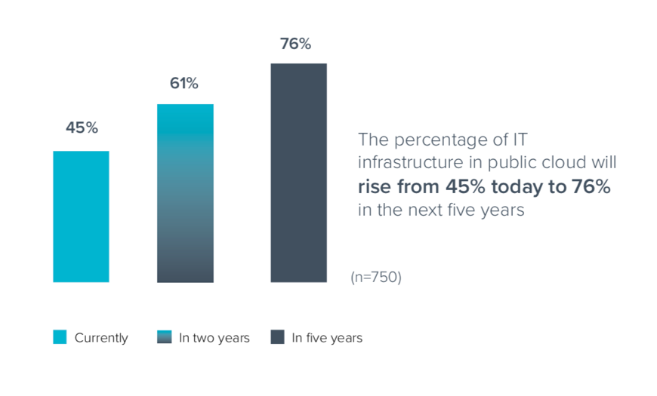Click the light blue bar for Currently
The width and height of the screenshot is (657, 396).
[81, 216]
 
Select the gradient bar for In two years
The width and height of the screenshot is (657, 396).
[185, 193]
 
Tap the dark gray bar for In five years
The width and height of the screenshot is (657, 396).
[298, 173]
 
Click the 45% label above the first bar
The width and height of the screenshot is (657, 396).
[82, 128]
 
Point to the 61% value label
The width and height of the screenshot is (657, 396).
[184, 84]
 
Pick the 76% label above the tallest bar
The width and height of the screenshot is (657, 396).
[295, 44]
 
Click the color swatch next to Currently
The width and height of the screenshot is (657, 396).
[60, 338]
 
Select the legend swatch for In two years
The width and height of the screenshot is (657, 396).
[164, 338]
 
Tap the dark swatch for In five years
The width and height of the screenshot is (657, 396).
[277, 338]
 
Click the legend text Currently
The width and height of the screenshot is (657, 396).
[101, 338]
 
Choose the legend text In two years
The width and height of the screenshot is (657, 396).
[214, 338]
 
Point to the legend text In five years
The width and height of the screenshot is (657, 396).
[327, 338]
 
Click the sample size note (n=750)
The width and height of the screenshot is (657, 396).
[376, 278]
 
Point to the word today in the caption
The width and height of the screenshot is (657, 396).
[522, 187]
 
